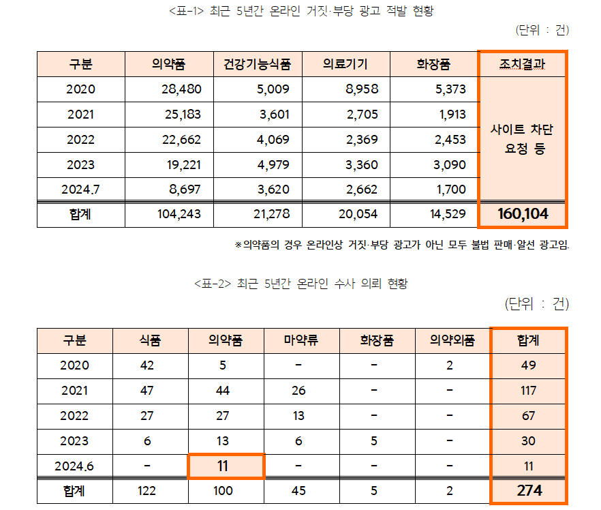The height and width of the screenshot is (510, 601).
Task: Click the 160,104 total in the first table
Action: (x=523, y=214)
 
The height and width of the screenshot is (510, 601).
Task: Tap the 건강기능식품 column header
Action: (x=257, y=65)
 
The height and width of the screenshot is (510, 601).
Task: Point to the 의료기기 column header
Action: (x=345, y=65)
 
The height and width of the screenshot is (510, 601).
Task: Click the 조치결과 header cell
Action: (x=523, y=65)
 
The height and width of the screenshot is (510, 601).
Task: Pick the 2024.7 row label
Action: (x=80, y=190)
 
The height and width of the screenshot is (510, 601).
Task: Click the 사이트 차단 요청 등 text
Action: (x=523, y=139)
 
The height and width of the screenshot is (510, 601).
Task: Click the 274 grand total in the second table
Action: (x=529, y=490)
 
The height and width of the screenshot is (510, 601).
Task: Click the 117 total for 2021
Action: (x=528, y=391)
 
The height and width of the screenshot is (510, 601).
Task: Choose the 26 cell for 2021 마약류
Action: (x=298, y=391)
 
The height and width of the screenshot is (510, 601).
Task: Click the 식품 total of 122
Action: (x=147, y=490)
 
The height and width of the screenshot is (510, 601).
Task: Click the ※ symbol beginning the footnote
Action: (x=238, y=245)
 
